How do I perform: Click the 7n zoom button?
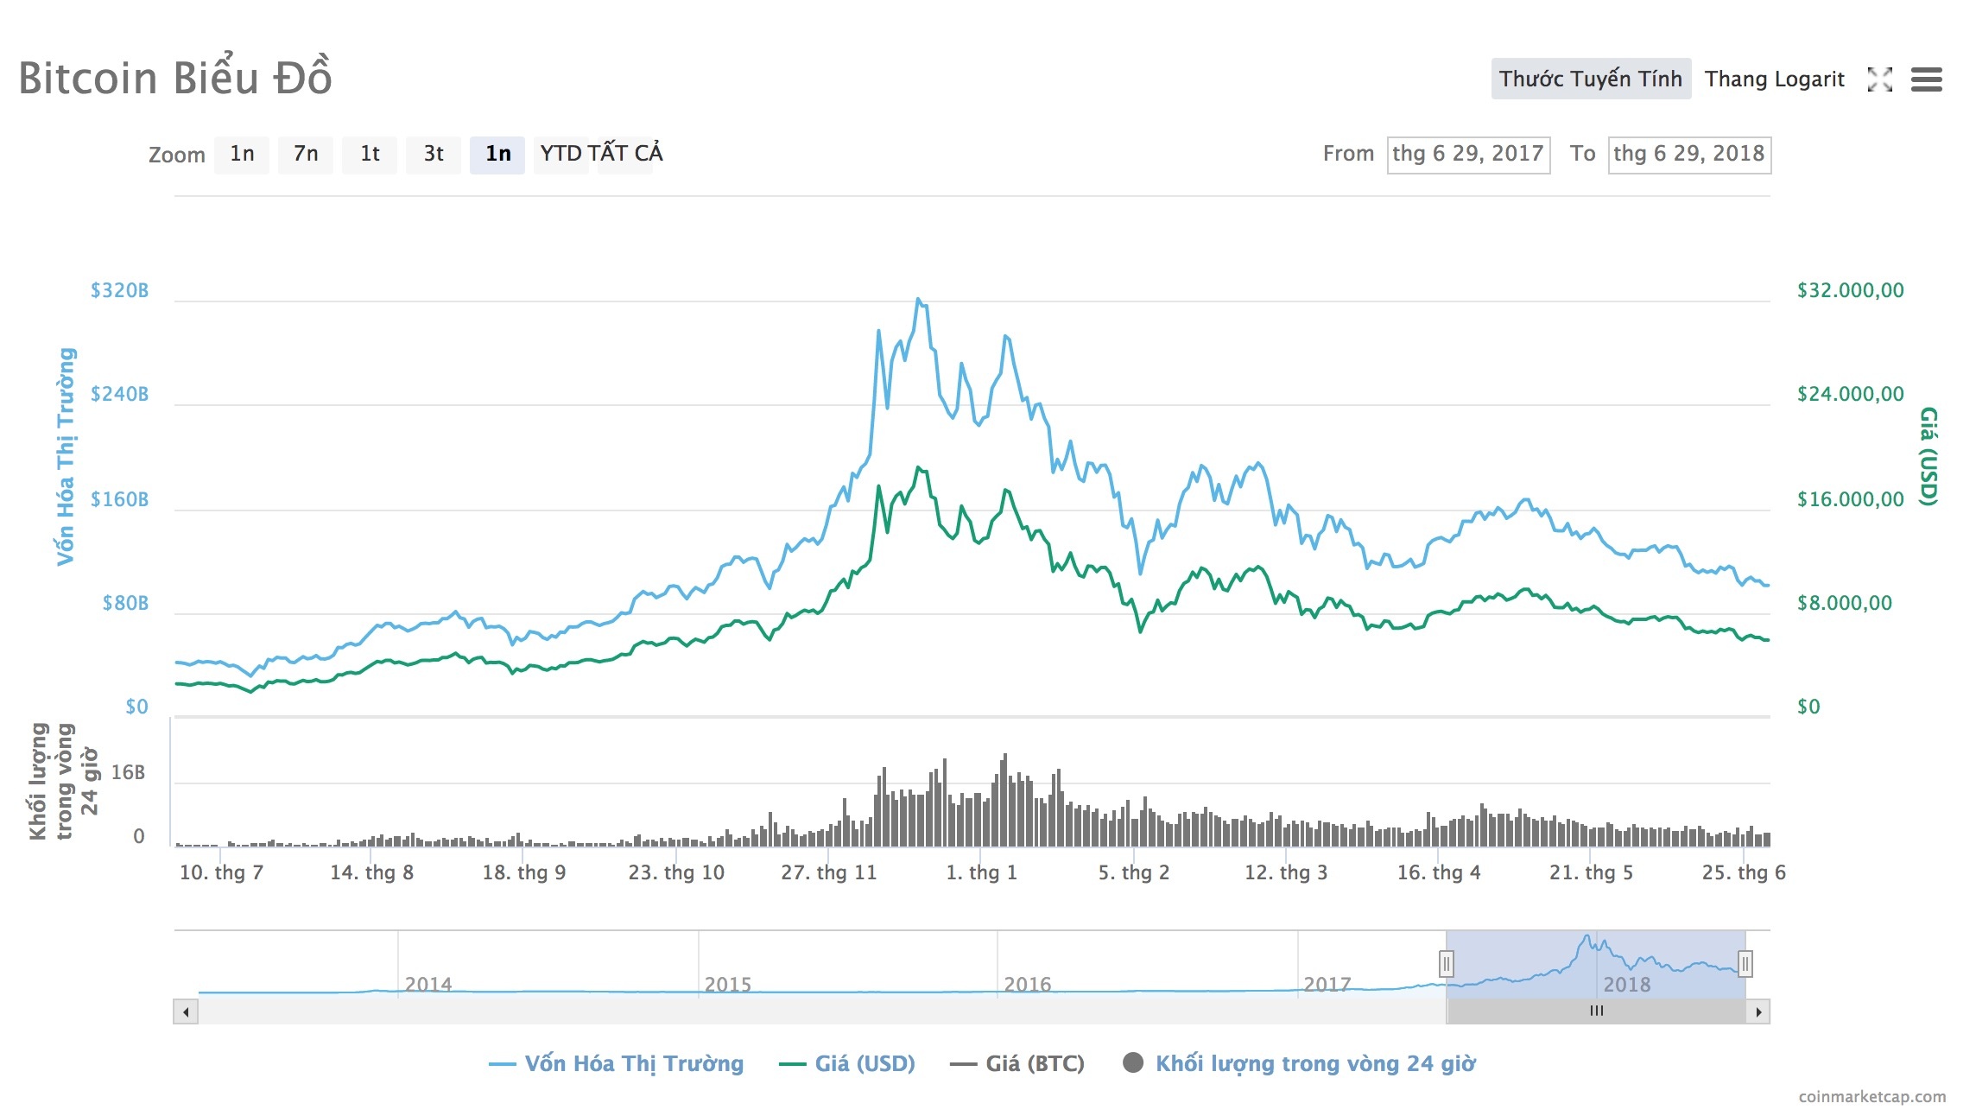coord(305,155)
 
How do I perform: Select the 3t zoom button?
coord(433,155)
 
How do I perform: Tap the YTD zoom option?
coord(560,154)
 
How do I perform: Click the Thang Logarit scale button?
coord(1774,79)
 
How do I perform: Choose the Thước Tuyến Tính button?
coord(1590,79)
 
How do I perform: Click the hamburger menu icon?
coord(1926,79)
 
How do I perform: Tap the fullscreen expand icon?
coord(1879,79)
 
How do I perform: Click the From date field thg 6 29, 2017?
coord(1467,155)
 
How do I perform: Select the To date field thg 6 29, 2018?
coord(1688,155)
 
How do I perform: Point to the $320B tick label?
coord(119,290)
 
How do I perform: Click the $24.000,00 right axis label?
coord(1850,394)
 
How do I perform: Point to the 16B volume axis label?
coord(128,772)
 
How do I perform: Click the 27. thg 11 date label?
coord(828,872)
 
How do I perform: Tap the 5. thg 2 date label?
coord(1133,872)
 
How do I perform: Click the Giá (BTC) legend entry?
coord(1017,1063)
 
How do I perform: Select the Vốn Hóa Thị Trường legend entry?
coord(617,1063)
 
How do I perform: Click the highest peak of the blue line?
coord(918,300)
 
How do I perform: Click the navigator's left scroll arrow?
coord(186,1011)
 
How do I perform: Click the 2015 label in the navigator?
coord(727,984)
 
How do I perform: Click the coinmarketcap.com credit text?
coord(1871,1096)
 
